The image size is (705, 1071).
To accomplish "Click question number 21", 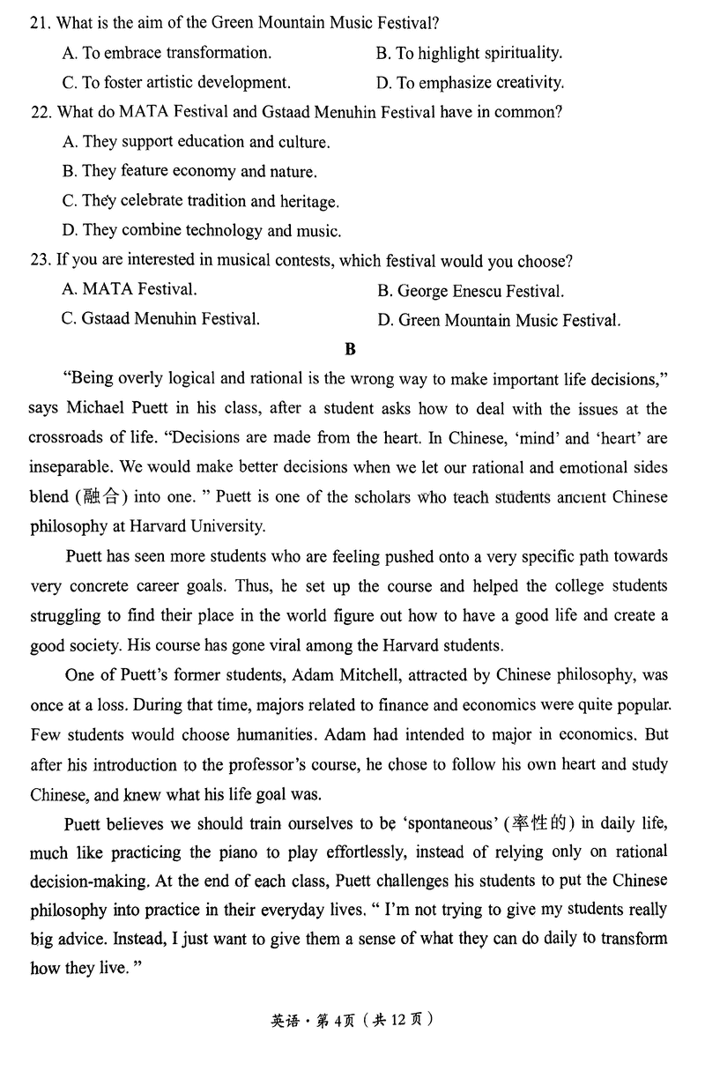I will (40, 23).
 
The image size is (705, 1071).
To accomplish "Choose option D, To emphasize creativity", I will (470, 83).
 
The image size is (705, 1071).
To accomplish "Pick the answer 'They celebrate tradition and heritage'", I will (200, 201).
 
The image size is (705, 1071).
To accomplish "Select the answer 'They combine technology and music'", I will (201, 231).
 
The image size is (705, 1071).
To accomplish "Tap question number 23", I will (40, 261).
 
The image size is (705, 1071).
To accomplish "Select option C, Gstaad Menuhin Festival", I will (160, 319).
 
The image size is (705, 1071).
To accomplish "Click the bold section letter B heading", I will (350, 349).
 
